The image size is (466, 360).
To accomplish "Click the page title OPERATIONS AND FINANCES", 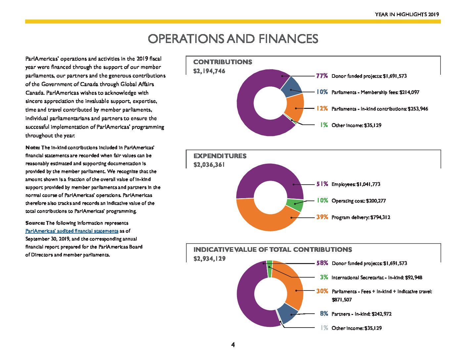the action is click(x=233, y=39).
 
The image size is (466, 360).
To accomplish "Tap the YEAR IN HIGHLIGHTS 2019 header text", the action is click(x=407, y=14).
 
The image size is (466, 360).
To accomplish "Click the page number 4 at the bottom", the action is click(x=233, y=344).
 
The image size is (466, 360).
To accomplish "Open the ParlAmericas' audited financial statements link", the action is click(x=72, y=231).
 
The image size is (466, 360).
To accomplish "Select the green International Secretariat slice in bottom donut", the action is click(x=269, y=269).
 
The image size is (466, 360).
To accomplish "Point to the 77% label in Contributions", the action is click(x=322, y=76).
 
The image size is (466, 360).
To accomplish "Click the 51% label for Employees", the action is click(x=322, y=184).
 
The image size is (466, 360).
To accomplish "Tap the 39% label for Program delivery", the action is click(x=322, y=217).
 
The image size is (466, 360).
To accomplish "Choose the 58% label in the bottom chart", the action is click(x=322, y=263).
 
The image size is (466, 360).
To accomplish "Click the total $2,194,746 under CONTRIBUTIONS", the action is click(x=209, y=71).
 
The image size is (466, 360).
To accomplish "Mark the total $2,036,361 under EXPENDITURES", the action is click(x=209, y=165).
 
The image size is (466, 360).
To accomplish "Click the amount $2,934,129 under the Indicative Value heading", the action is click(x=209, y=258).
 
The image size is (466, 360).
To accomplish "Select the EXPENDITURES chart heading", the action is click(x=220, y=156).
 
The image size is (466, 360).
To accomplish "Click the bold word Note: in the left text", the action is click(x=32, y=148).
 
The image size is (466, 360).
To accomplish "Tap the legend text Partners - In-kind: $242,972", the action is click(x=361, y=314).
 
